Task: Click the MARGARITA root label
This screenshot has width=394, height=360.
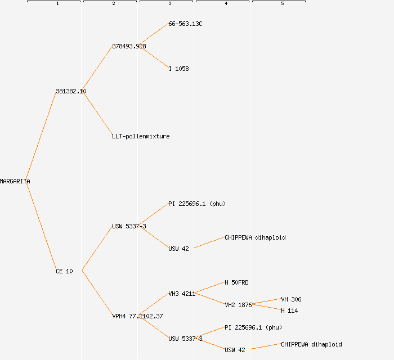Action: [15, 181]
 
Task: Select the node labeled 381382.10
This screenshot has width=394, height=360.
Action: [71, 91]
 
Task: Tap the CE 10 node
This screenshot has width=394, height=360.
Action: [64, 271]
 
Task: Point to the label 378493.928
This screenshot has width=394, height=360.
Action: [129, 46]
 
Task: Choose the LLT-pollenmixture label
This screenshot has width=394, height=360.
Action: [141, 136]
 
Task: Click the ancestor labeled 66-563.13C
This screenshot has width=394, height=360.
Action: [185, 24]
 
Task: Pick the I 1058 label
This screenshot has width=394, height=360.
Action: [178, 69]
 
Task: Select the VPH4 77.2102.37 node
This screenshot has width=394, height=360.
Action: [137, 316]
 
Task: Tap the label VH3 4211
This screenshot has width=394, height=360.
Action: [182, 294]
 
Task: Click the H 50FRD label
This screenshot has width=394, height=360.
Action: [236, 282]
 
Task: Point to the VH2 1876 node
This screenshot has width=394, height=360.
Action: [238, 305]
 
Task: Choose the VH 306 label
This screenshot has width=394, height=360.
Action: [291, 299]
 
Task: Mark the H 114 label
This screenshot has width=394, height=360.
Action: [289, 310]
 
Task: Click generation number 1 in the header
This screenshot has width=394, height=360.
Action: [57, 4]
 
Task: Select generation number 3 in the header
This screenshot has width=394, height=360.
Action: [169, 4]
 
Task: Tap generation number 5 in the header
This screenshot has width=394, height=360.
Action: [282, 4]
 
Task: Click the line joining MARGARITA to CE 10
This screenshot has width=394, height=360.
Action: [41, 226]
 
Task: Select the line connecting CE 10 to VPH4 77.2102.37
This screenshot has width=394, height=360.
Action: [97, 294]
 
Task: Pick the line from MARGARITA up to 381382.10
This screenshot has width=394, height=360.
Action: [41, 136]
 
